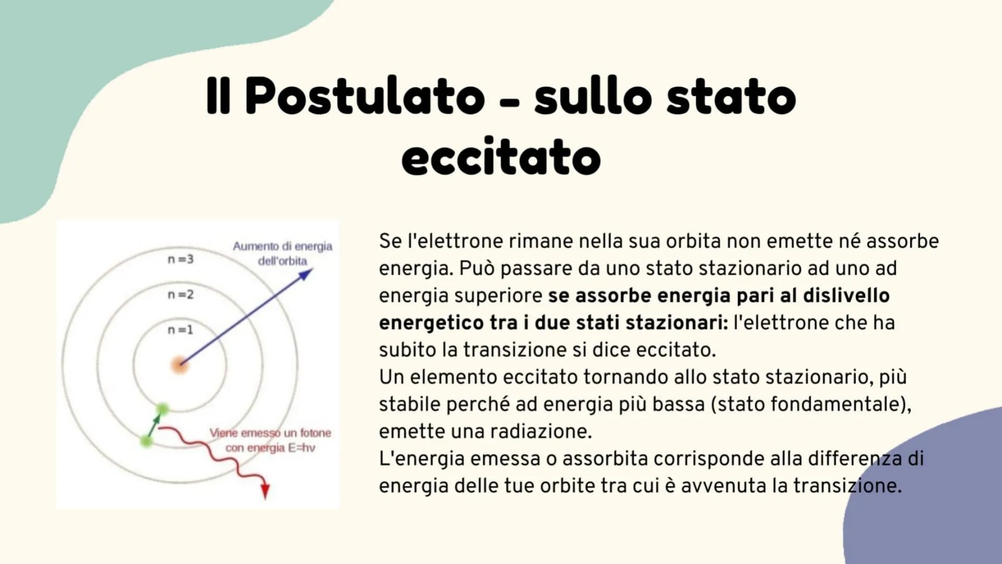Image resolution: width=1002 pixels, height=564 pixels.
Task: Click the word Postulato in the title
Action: click(365, 97)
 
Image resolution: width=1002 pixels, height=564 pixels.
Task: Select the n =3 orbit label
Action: click(180, 259)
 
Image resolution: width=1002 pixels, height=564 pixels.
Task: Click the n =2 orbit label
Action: click(180, 295)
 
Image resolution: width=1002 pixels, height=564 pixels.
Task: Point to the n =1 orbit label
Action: click(180, 330)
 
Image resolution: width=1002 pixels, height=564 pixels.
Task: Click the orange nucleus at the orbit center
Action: click(179, 365)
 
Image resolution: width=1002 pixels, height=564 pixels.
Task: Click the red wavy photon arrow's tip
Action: click(265, 492)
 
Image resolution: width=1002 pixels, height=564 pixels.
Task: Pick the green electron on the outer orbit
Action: click(146, 442)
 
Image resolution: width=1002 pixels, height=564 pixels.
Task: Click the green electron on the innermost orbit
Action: click(162, 409)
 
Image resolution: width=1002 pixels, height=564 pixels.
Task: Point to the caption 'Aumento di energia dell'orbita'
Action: click(282, 253)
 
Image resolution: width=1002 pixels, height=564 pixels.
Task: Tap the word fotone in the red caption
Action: click(315, 433)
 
